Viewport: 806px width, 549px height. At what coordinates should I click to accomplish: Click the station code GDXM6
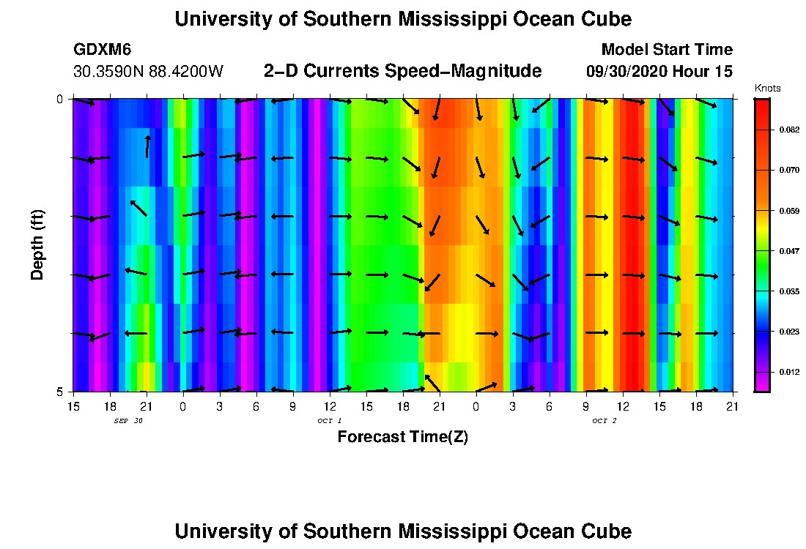click(102, 50)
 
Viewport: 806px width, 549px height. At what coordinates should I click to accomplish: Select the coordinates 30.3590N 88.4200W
click(148, 72)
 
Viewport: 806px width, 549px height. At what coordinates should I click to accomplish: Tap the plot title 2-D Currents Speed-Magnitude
click(402, 71)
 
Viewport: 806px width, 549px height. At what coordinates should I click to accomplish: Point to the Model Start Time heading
click(666, 50)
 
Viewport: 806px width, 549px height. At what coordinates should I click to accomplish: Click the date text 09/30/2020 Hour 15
click(659, 72)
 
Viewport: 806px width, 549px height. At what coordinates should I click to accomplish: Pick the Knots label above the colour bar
click(767, 89)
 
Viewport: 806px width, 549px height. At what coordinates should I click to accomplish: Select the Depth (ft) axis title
click(37, 244)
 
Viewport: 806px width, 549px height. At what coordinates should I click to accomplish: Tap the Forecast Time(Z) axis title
click(402, 437)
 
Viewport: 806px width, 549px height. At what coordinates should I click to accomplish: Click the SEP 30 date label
click(128, 420)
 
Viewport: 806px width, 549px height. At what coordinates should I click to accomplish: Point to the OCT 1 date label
click(329, 420)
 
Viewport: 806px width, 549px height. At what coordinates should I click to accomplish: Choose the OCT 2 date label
click(604, 420)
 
